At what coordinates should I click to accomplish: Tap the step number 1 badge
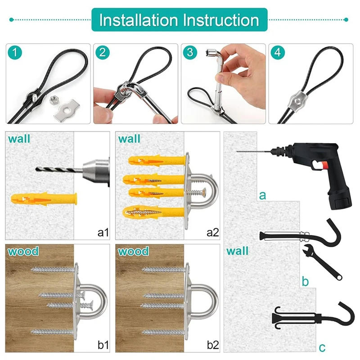click(x=16, y=53)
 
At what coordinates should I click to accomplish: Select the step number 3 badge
click(x=190, y=53)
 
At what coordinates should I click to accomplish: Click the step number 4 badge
click(x=278, y=53)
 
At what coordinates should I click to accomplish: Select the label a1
click(x=103, y=232)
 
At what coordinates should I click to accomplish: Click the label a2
click(x=212, y=232)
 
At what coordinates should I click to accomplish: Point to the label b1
click(x=103, y=345)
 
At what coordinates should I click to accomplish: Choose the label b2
click(x=212, y=345)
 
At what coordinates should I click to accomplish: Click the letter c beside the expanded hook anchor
click(x=322, y=347)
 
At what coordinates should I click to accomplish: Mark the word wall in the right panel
click(x=238, y=250)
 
